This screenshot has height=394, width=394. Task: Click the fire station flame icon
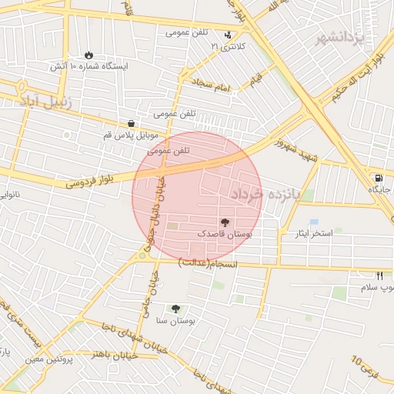click(x=89, y=55)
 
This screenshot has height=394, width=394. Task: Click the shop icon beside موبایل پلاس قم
click(x=131, y=123)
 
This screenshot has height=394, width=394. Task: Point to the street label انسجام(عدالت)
click(x=209, y=264)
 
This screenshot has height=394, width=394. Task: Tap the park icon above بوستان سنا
click(x=175, y=308)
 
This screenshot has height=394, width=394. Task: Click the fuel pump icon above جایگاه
click(x=379, y=178)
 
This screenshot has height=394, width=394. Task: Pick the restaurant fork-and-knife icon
click(x=379, y=275)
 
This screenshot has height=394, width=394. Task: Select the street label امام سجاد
click(x=212, y=85)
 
